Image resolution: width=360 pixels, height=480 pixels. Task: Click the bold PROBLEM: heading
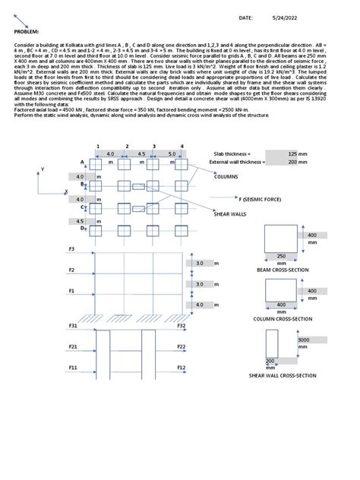tap(27, 32)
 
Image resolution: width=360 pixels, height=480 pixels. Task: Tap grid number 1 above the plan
tap(98, 145)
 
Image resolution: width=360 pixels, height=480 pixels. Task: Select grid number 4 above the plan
tap(182, 145)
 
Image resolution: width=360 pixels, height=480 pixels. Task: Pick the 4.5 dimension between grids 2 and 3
tap(141, 153)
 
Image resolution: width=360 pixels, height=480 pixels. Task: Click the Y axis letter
tap(43, 169)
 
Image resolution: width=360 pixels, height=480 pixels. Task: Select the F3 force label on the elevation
tap(72, 249)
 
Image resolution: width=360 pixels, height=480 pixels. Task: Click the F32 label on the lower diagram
tap(182, 326)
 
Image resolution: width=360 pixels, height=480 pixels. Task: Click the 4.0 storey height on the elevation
tap(199, 305)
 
